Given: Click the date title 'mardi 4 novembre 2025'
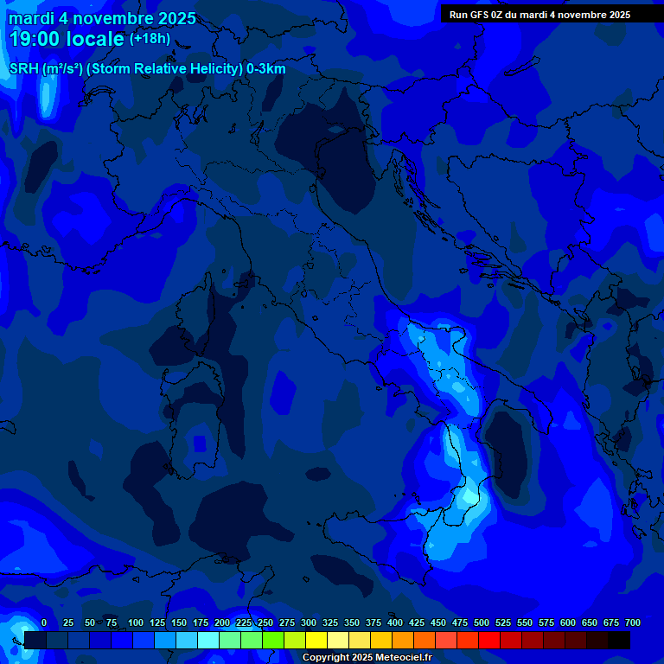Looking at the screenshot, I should tap(102, 18).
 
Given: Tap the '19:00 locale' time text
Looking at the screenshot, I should tap(67, 39).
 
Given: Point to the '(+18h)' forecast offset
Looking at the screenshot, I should tap(150, 39).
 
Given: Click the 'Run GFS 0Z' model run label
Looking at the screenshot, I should tap(539, 15).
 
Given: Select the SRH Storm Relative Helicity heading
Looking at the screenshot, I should tap(147, 68).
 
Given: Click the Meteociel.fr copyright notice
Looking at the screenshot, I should tap(367, 657).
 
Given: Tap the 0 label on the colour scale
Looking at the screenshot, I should tap(44, 622).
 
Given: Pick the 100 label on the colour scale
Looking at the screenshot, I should tap(136, 622).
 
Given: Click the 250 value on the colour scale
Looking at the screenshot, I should tap(265, 622).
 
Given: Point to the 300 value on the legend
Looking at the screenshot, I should tap(309, 622).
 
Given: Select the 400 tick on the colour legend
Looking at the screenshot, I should tap(395, 622).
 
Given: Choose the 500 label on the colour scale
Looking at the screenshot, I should tap(482, 622).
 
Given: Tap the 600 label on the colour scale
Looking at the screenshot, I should tap(568, 622).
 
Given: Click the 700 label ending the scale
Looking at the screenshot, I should tap(632, 622).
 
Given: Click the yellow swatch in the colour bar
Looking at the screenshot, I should tap(316, 640).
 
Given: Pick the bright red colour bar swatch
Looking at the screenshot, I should tap(489, 640).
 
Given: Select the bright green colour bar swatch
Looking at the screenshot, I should tap(273, 640).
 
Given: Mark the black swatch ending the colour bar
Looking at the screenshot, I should tap(619, 640).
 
